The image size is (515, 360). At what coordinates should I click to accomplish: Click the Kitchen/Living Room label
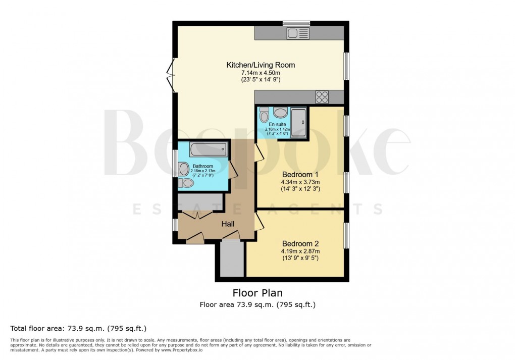coord(260,65)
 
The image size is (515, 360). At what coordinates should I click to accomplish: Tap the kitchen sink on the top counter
coord(298,33)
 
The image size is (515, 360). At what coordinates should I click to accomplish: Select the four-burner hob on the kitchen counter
coord(322,96)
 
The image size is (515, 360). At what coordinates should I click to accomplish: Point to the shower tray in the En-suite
coord(298,123)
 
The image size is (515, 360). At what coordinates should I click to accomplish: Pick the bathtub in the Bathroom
coord(208,149)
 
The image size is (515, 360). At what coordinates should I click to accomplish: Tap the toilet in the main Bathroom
coord(186,183)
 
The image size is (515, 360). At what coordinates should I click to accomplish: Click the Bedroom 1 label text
coord(300,174)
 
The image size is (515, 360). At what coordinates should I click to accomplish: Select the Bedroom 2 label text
coord(300,243)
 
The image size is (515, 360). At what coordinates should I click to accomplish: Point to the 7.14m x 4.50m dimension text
coord(260,73)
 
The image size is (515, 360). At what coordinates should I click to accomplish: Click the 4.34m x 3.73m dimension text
coord(300,182)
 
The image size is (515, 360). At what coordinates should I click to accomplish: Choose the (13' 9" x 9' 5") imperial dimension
coord(300,258)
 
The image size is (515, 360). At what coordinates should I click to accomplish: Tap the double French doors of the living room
coord(171,74)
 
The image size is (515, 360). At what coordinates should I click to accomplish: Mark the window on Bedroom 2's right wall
coord(346,235)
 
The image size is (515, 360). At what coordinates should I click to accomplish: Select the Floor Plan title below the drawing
coord(257,293)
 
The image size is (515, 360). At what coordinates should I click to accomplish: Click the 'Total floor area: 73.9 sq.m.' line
coord(78,328)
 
